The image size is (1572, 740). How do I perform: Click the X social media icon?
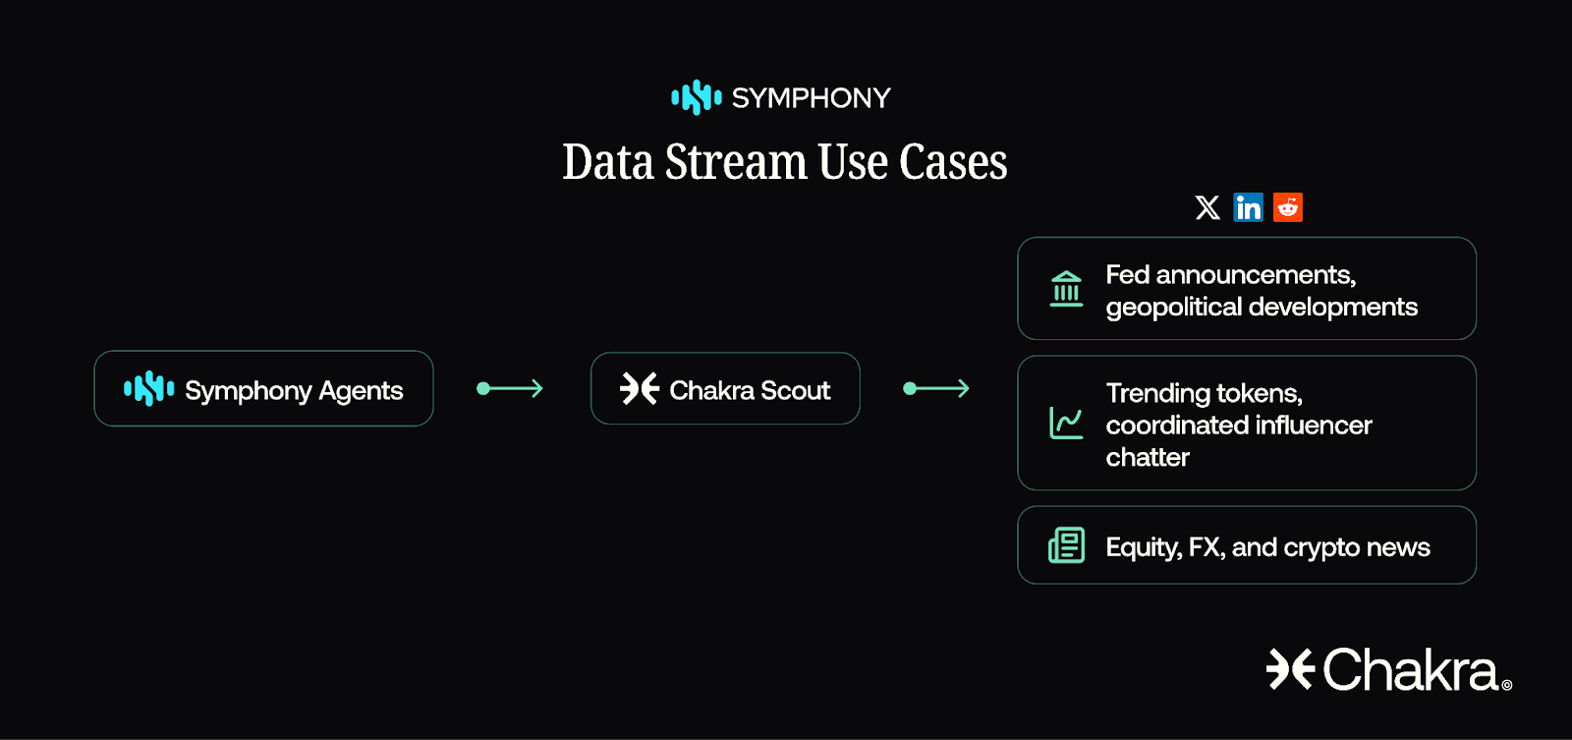pyautogui.click(x=1207, y=207)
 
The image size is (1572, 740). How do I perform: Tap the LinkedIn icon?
pyautogui.click(x=1248, y=207)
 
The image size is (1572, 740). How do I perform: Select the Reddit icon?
pyautogui.click(x=1288, y=207)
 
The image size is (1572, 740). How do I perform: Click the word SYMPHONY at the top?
pyautogui.click(x=811, y=98)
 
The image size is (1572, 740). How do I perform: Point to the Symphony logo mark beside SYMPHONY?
pyautogui.click(x=697, y=97)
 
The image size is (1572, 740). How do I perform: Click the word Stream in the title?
pyautogui.click(x=736, y=162)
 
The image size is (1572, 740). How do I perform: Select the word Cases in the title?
pyautogui.click(x=953, y=162)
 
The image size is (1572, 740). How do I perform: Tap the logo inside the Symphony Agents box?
pyautogui.click(x=149, y=389)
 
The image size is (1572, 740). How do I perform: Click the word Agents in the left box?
pyautogui.click(x=361, y=391)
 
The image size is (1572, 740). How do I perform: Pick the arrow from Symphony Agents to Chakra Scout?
pyautogui.click(x=510, y=389)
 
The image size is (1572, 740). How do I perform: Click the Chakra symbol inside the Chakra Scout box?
pyautogui.click(x=640, y=389)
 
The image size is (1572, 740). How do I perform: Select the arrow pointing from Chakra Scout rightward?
pyautogui.click(x=936, y=389)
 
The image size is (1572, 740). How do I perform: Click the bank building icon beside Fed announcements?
pyautogui.click(x=1066, y=289)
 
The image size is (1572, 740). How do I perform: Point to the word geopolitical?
pyautogui.click(x=1173, y=308)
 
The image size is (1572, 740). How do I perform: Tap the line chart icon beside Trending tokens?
pyautogui.click(x=1066, y=424)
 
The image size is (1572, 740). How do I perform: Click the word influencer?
pyautogui.click(x=1312, y=426)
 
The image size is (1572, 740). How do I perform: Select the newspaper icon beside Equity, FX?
pyautogui.click(x=1066, y=545)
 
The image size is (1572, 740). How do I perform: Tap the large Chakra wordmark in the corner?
pyautogui.click(x=1409, y=670)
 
